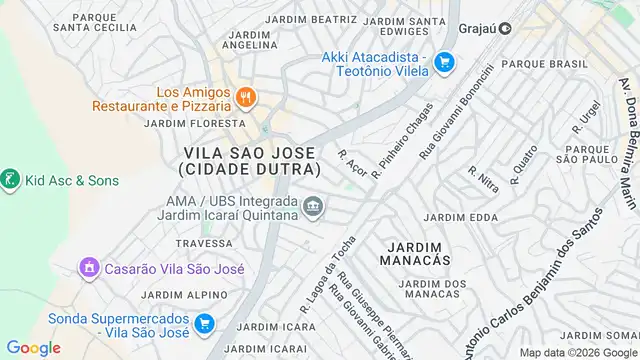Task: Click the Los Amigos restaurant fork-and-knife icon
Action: coord(246,97)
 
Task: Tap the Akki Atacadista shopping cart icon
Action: coord(445,64)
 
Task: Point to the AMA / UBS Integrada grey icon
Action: coord(314,207)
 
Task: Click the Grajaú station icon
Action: coord(505,29)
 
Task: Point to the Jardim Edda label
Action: coord(461,217)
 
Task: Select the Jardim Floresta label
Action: coord(181,123)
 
